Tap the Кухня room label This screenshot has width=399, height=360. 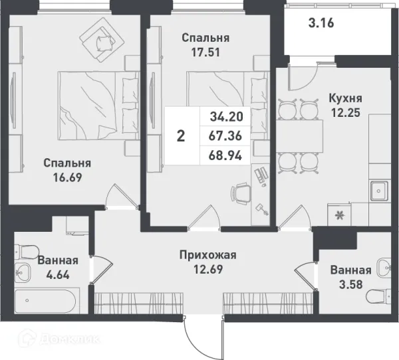346,98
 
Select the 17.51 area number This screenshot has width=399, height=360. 206,52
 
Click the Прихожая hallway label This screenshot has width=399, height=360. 208,254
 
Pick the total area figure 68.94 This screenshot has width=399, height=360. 225,155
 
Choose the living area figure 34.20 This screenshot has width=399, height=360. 225,118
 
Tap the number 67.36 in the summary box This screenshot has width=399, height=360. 225,136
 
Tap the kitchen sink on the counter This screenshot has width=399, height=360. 378,193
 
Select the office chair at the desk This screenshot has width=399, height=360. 240,193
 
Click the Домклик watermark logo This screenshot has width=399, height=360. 63,341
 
